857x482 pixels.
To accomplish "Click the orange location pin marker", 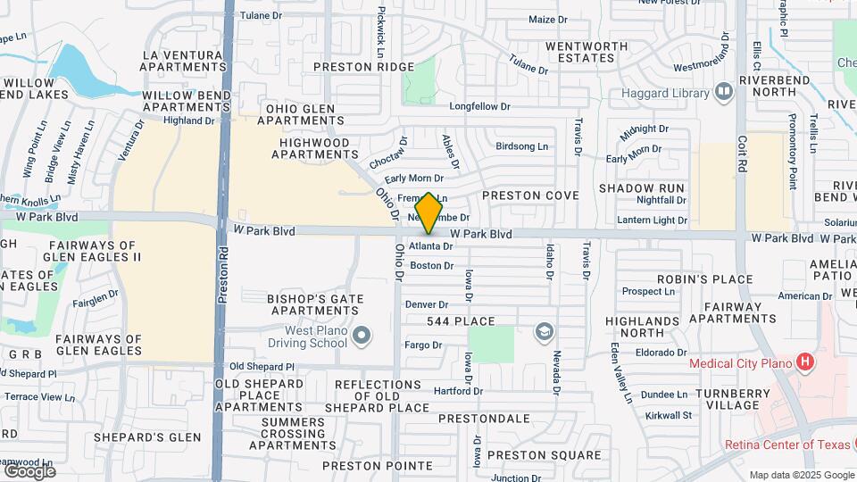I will tap(429, 212).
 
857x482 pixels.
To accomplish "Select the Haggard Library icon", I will tap(723, 92).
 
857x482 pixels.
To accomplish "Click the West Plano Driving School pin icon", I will tap(361, 337).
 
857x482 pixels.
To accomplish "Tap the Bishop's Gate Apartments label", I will tap(315, 304).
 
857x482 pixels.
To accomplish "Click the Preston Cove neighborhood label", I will tap(530, 195).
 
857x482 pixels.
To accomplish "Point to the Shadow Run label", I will tap(641, 188).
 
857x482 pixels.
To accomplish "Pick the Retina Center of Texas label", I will tap(783, 445).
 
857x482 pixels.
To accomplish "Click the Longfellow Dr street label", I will tap(479, 106).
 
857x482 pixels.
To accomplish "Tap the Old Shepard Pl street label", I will tap(262, 367).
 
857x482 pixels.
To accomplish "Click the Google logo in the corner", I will tap(29, 470).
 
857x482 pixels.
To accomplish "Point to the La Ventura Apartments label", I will tap(184, 60).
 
